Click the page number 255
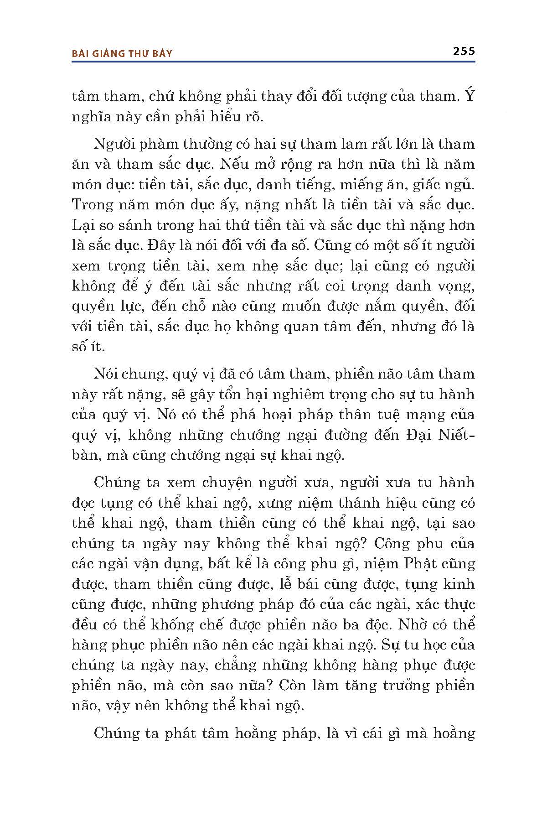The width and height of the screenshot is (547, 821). click(x=464, y=51)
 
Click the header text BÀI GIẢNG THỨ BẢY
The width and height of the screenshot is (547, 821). click(x=122, y=54)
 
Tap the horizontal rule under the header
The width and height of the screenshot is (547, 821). click(x=273, y=62)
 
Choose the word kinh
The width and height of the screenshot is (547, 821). click(x=459, y=584)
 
